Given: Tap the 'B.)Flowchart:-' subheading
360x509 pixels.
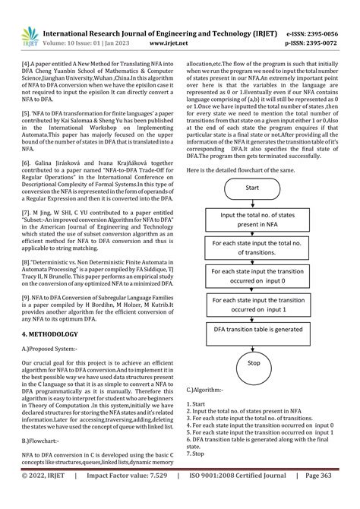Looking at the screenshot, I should pos(43,440).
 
